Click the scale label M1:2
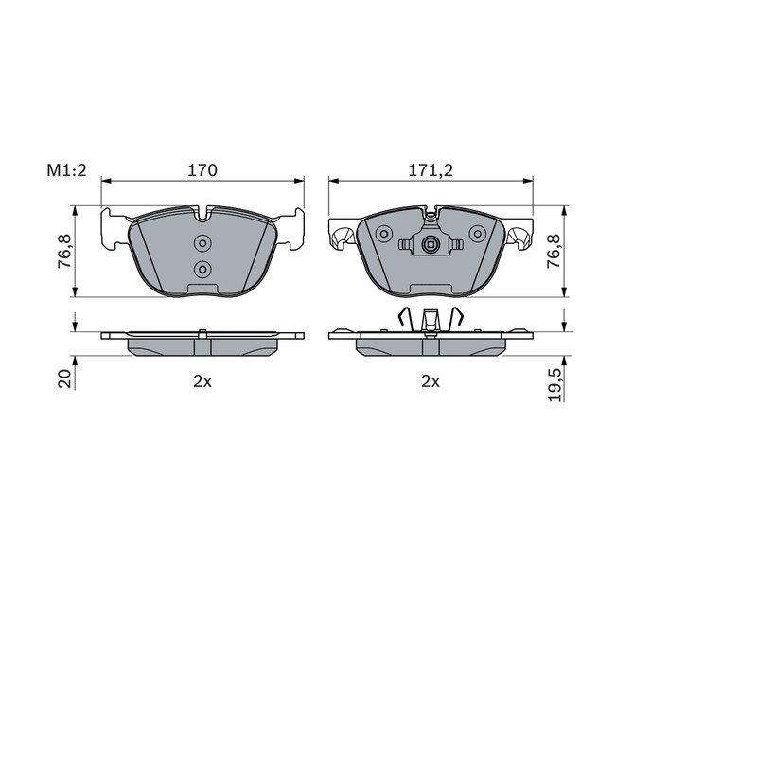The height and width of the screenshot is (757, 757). [66, 170]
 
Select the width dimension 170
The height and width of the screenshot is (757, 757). [202, 170]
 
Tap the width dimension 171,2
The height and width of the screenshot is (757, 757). [431, 170]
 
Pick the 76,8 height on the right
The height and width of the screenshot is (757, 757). [554, 251]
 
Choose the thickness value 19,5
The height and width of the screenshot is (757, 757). [555, 384]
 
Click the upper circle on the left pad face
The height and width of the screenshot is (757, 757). [202, 243]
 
